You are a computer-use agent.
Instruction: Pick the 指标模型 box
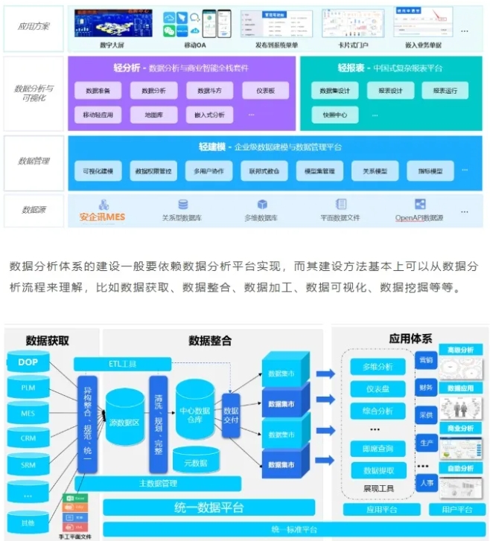(430, 171)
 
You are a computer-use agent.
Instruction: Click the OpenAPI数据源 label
(419, 217)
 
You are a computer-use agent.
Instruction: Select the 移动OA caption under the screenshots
(196, 44)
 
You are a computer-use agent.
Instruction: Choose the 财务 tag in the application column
(425, 387)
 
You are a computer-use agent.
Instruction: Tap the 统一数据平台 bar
(205, 508)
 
